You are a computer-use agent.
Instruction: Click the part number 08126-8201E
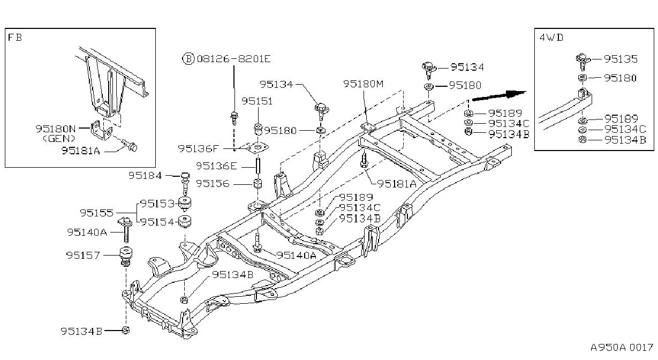[x=233, y=59]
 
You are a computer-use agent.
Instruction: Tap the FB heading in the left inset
[x=14, y=37]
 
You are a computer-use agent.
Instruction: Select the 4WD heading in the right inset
[x=551, y=37]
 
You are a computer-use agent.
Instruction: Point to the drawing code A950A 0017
[x=622, y=348]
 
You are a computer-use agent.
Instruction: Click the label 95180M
[x=364, y=84]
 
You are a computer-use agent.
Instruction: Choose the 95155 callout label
[x=97, y=213]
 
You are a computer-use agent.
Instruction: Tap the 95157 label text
[x=83, y=255]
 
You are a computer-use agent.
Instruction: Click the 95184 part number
[x=145, y=175]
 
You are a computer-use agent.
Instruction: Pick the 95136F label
[x=199, y=149]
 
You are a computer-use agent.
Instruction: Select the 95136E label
[x=216, y=166]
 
